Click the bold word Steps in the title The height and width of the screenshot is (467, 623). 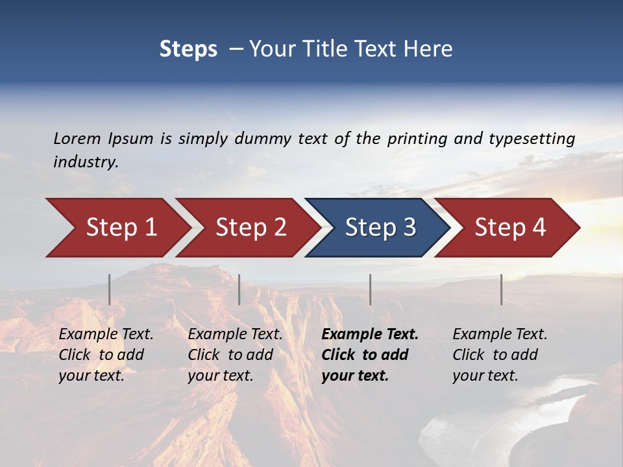point(188,49)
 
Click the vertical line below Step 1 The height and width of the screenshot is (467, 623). point(110,289)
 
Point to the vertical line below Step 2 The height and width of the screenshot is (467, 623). point(239,289)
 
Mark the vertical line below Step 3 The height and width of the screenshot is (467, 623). point(371,289)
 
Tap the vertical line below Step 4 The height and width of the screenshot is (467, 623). point(501,289)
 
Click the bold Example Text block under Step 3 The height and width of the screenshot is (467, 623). point(370,355)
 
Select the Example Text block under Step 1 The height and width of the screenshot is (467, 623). point(106,355)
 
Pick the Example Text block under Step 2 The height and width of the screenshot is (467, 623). point(235,355)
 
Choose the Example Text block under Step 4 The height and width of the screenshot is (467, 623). point(500,355)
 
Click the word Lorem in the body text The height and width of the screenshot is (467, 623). point(77,139)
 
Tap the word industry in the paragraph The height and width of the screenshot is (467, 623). point(85,162)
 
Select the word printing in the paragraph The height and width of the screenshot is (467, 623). point(415,139)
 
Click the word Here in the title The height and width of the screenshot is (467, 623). point(428,49)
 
